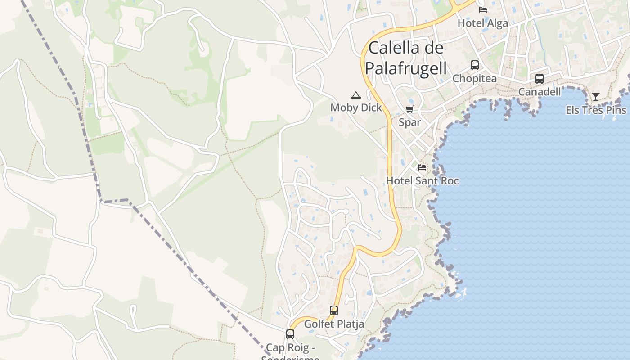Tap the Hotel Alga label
(x=482, y=23)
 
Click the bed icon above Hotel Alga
(x=483, y=9)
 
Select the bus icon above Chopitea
(x=475, y=65)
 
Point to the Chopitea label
(x=474, y=79)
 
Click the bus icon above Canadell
(x=540, y=79)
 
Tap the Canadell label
(x=540, y=92)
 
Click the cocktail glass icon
(x=596, y=97)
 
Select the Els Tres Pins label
(x=596, y=110)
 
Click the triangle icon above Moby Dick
(x=356, y=95)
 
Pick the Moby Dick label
(x=356, y=108)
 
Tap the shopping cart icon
(x=409, y=109)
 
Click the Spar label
(x=409, y=122)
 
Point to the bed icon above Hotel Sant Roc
(x=422, y=167)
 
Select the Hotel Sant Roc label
(x=422, y=181)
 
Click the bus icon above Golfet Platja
(x=334, y=310)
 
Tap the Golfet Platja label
(x=334, y=324)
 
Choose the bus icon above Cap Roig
(x=290, y=334)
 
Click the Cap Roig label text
(x=290, y=348)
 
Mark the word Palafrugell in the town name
(x=406, y=68)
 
